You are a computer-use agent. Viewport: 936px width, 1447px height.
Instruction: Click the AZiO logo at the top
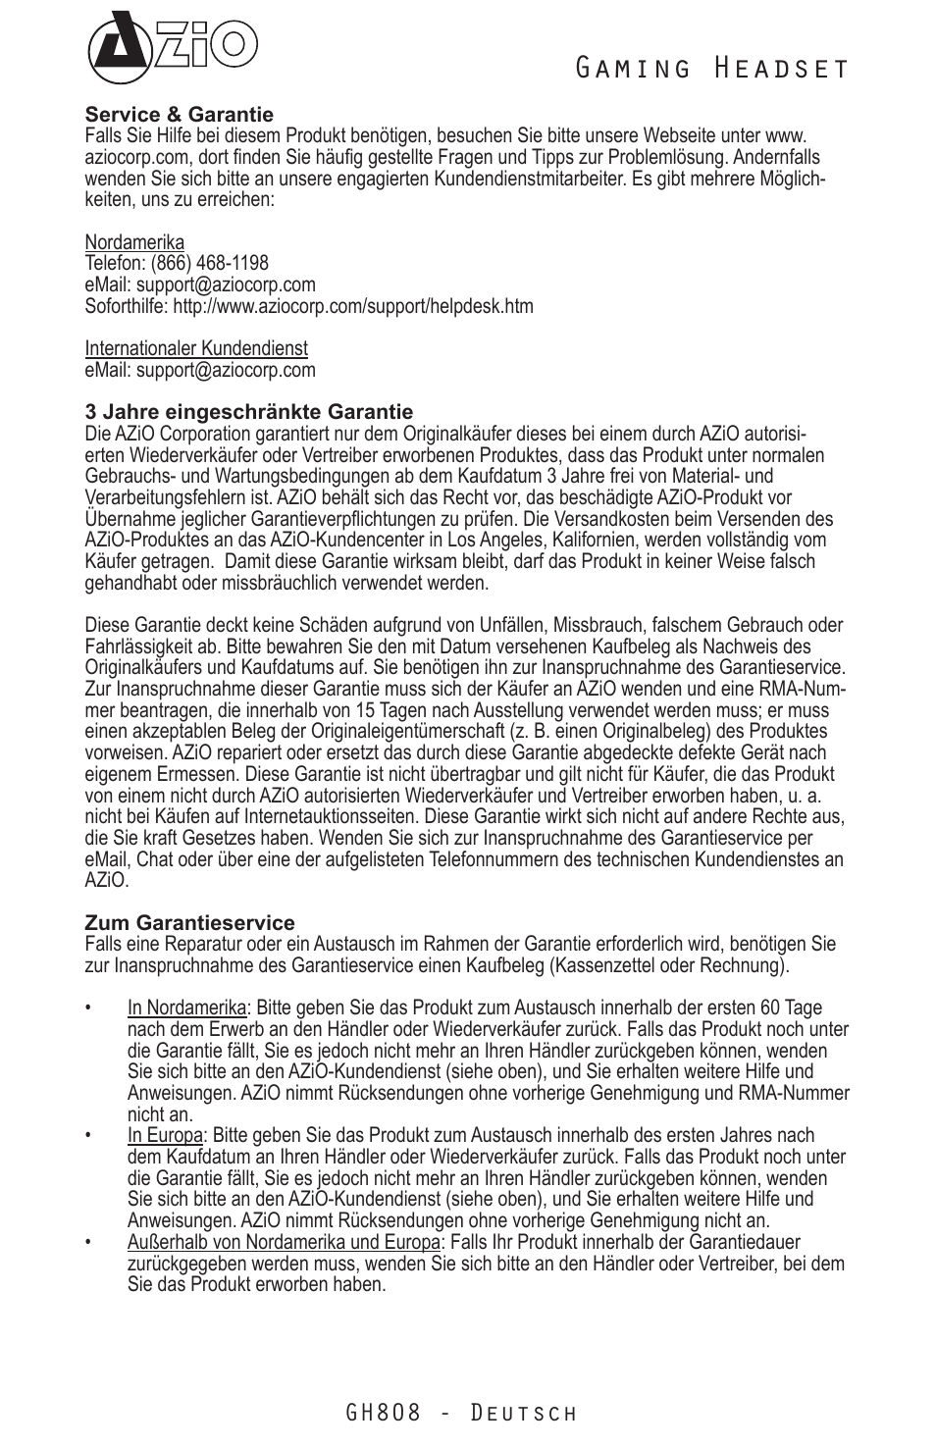click(172, 46)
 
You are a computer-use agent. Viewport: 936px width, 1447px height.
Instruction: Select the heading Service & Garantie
click(179, 115)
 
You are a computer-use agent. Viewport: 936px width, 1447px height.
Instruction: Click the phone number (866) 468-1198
click(209, 263)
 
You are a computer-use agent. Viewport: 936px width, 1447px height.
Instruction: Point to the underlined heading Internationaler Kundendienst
click(196, 348)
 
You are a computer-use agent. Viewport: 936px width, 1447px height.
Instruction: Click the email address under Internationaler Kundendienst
click(226, 370)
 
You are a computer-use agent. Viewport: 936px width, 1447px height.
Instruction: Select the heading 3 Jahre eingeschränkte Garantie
click(248, 412)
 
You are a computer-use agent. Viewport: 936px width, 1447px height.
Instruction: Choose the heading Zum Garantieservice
click(189, 923)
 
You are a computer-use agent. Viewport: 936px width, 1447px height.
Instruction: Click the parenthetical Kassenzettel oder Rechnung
click(667, 965)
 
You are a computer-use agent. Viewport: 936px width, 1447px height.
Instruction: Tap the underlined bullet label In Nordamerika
click(186, 1008)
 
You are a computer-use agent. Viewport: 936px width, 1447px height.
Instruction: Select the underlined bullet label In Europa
click(165, 1136)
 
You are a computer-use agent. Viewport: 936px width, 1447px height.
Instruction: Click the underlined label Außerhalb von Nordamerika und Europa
click(284, 1243)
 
